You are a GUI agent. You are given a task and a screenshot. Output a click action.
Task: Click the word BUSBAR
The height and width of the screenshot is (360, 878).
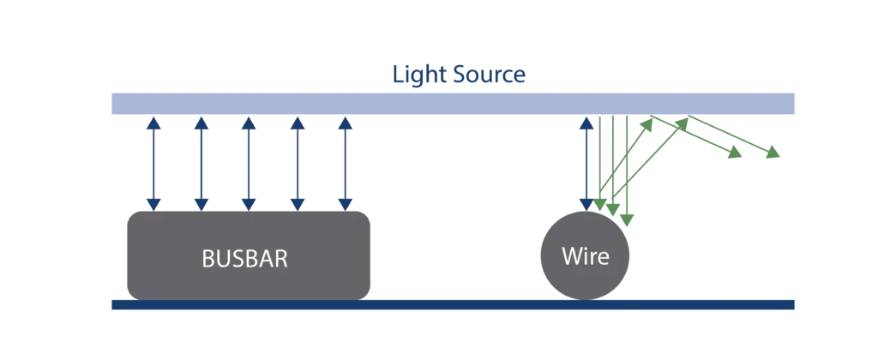click(x=244, y=260)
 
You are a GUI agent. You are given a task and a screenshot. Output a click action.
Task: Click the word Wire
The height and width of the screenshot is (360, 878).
click(x=585, y=255)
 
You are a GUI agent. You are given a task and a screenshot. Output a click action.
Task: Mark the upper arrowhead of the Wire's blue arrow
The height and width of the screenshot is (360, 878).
click(x=587, y=123)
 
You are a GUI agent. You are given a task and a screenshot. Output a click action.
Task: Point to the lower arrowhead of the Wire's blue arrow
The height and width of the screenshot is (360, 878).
click(x=587, y=203)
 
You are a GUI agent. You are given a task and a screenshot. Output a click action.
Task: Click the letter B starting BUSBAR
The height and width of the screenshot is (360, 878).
click(x=207, y=260)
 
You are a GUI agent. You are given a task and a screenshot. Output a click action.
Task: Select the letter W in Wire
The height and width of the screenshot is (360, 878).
click(x=570, y=255)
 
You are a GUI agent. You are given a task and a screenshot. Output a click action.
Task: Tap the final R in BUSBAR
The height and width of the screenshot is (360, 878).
click(x=280, y=260)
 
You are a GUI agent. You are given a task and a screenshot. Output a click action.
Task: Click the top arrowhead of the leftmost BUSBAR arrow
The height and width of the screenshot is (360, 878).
click(x=153, y=123)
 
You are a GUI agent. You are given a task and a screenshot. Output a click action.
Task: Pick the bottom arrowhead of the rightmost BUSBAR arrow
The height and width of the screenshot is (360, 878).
click(x=346, y=203)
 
